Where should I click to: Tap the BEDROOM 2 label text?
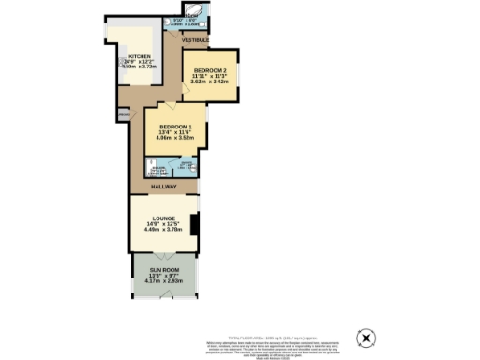[209, 70]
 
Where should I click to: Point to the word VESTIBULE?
[195, 40]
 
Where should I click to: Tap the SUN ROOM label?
[165, 269]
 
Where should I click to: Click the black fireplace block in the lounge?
[193, 225]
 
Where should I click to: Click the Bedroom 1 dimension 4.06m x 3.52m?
[175, 140]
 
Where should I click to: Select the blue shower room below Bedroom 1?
[187, 166]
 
